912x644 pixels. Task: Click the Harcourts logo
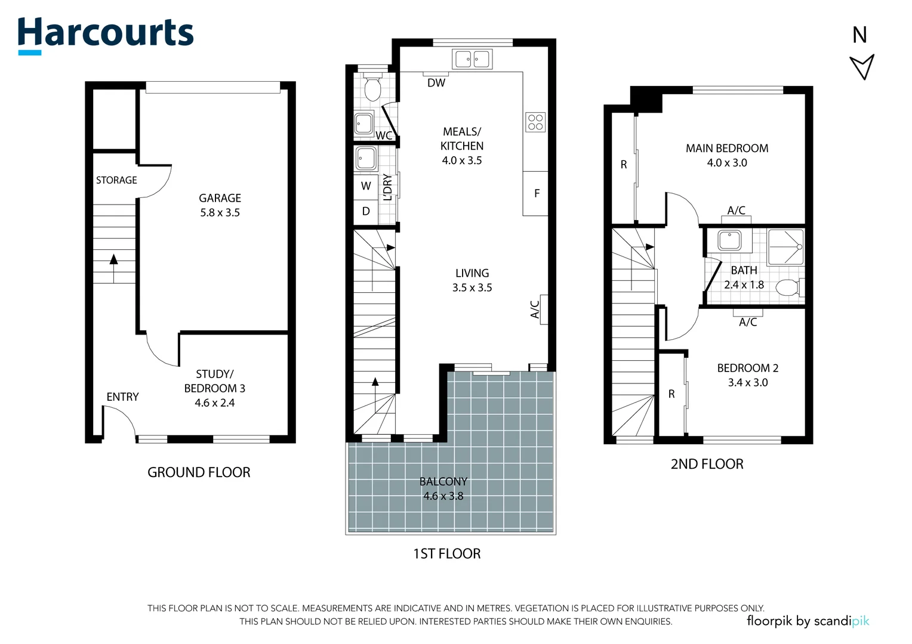(106, 35)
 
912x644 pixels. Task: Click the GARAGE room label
(220, 198)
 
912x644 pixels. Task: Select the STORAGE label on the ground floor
(116, 180)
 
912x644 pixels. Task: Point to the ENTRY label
(122, 397)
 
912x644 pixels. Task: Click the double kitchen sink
(472, 60)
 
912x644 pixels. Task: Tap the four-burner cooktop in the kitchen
(535, 122)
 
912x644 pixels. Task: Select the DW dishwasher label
(436, 83)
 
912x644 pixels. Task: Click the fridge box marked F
(535, 193)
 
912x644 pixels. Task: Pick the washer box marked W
(366, 186)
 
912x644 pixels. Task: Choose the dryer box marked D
(366, 212)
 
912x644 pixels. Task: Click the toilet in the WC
(372, 86)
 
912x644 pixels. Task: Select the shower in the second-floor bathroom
(785, 247)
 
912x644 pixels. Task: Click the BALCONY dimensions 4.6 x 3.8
(443, 496)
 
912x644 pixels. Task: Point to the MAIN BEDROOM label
(727, 148)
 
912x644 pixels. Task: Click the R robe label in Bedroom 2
(671, 394)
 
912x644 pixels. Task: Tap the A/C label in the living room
(535, 309)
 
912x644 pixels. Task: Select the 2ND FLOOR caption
(707, 464)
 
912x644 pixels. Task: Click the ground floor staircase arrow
(113, 268)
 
